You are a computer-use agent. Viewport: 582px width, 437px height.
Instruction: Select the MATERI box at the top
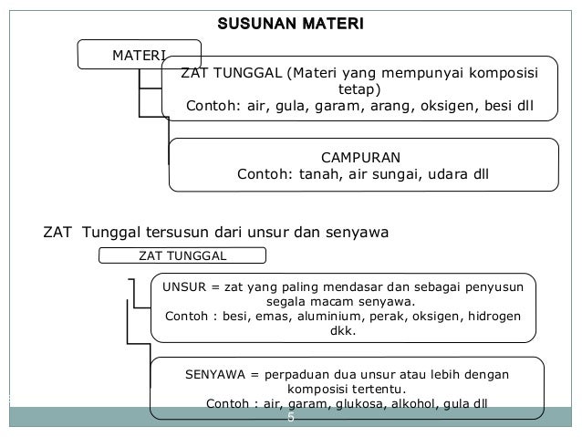click(x=137, y=55)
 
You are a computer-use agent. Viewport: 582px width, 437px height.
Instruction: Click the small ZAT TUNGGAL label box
click(x=181, y=256)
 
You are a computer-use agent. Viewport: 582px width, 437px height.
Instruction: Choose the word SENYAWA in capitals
click(x=214, y=374)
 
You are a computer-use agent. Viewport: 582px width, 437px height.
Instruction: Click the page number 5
click(x=291, y=418)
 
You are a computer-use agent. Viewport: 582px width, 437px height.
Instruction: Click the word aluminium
click(x=326, y=317)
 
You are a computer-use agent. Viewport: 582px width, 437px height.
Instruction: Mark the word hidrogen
click(x=493, y=317)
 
